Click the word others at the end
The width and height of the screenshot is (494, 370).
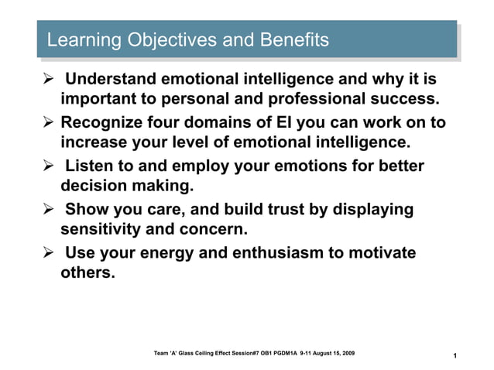click(87, 272)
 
